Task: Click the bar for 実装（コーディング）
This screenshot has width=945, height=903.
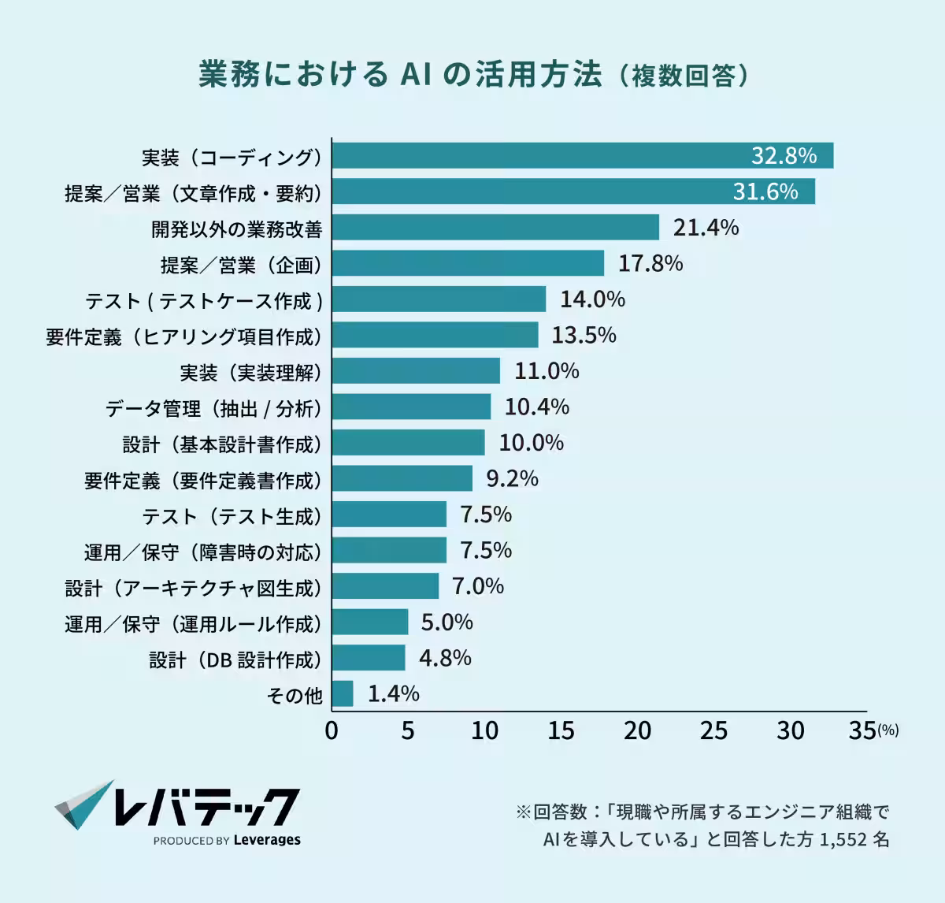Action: click(582, 156)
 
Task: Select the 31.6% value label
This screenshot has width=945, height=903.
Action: click(765, 191)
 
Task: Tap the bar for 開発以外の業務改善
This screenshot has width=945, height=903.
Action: click(495, 228)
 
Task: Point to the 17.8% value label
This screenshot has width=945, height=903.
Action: click(650, 263)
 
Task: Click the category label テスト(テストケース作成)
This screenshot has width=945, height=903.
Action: click(204, 301)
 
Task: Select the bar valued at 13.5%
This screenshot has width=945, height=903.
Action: click(435, 335)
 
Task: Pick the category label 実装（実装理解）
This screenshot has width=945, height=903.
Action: click(250, 373)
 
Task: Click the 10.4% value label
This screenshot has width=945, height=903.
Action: click(536, 407)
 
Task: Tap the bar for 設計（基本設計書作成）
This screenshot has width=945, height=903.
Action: click(408, 443)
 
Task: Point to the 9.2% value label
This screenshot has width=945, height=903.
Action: click(512, 478)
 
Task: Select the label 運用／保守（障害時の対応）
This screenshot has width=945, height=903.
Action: click(203, 552)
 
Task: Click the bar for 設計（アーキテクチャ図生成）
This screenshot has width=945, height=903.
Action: click(385, 586)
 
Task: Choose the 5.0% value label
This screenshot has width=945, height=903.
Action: click(447, 622)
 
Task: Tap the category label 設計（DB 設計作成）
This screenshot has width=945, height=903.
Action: click(235, 660)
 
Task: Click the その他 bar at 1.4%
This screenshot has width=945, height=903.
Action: click(343, 694)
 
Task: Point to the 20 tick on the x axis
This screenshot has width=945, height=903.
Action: click(637, 731)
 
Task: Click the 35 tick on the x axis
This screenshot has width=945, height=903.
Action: click(862, 731)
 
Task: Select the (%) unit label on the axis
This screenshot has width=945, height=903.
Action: click(888, 731)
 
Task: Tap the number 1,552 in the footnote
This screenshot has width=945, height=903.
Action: click(843, 840)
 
